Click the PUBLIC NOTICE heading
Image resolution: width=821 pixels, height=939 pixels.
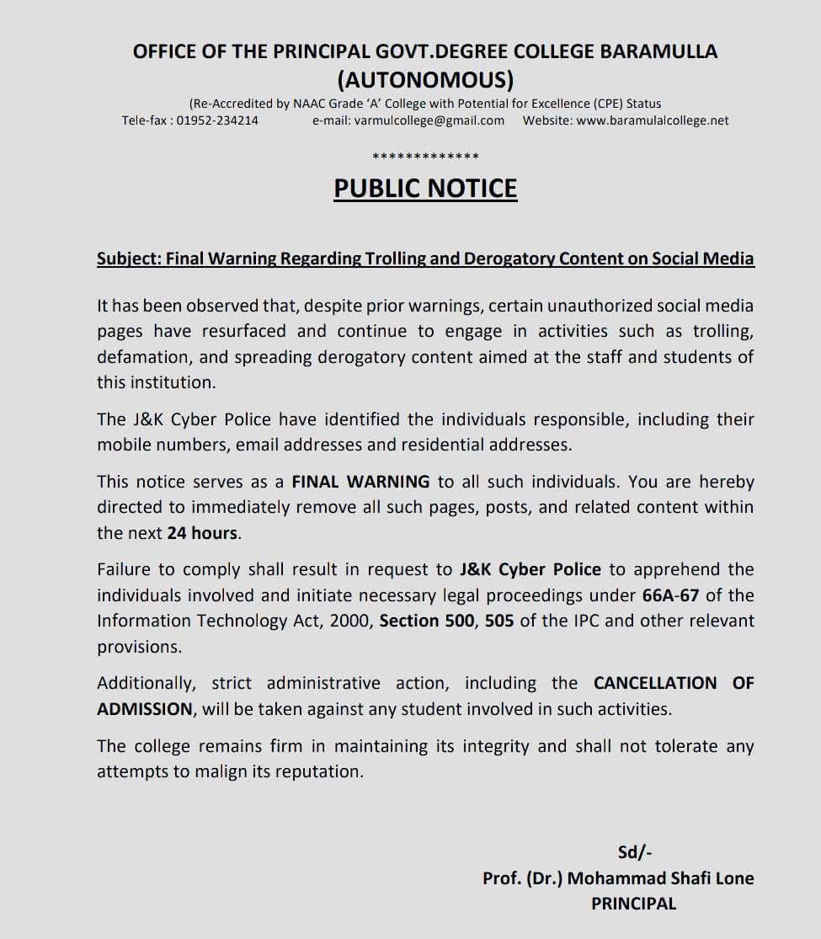(425, 188)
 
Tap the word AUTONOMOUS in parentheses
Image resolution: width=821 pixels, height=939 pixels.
(425, 80)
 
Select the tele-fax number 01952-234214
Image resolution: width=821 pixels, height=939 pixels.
(217, 120)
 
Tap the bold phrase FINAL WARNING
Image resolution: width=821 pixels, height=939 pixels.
(360, 482)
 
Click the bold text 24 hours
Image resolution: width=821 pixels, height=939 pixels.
(202, 533)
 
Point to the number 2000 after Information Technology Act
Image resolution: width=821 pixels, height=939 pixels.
(353, 621)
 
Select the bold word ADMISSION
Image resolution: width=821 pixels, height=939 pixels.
(145, 708)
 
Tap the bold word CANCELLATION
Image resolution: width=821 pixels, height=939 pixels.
(655, 683)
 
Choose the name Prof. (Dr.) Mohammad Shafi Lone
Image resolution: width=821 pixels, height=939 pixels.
(618, 878)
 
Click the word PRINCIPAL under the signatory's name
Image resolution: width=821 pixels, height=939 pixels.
(633, 904)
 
